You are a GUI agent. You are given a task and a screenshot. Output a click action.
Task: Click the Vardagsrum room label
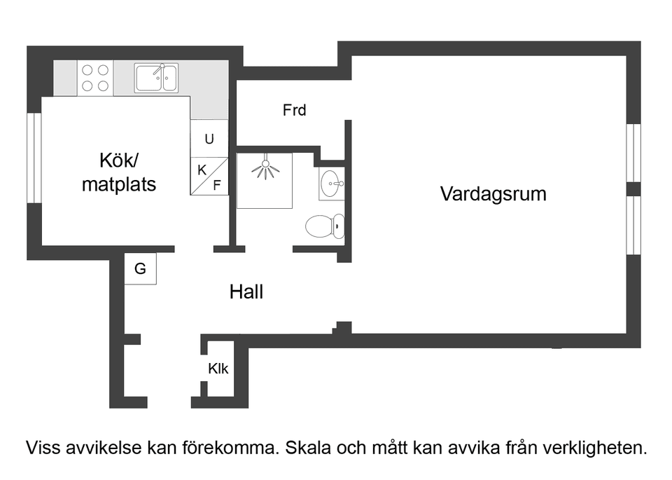pos(493,194)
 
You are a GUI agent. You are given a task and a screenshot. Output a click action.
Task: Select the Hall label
pos(246,292)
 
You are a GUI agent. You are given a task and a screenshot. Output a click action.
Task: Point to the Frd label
pos(294,110)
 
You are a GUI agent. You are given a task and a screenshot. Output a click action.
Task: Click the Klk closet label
pos(218,369)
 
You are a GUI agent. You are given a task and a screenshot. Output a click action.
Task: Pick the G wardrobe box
pos(140,269)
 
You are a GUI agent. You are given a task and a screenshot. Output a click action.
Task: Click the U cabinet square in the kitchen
pos(209,139)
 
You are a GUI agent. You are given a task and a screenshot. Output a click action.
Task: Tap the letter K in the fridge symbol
pos(202,170)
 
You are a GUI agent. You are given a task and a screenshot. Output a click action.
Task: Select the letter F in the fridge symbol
pos(217,186)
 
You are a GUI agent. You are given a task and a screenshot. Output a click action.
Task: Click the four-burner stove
pos(96,78)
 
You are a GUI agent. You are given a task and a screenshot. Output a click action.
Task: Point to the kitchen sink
pos(157,78)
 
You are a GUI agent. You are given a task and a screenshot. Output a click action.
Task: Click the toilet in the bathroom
pos(325,226)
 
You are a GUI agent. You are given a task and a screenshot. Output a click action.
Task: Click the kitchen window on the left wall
pos(34,158)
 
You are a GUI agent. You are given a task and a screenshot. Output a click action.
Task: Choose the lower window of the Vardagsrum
pos(633,225)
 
